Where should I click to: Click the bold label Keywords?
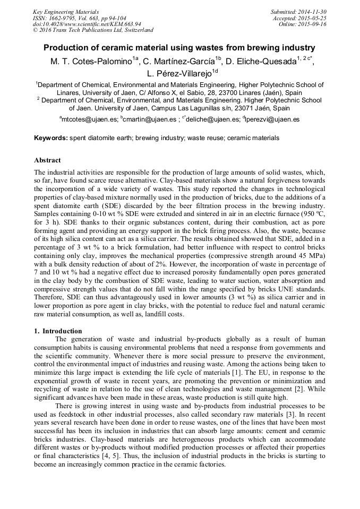(x=51, y=138)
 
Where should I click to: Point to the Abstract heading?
(x=47, y=160)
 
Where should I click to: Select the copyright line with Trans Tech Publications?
(x=93, y=30)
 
